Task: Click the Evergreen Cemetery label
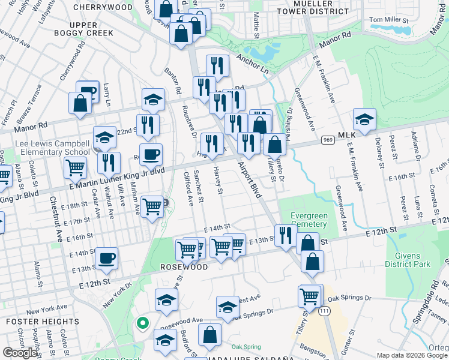(309, 220)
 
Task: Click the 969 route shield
(327, 140)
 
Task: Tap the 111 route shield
(324, 311)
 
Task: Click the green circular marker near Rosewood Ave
(142, 323)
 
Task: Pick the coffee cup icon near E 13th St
(107, 258)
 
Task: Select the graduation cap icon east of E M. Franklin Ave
(364, 119)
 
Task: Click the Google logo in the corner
(20, 353)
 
